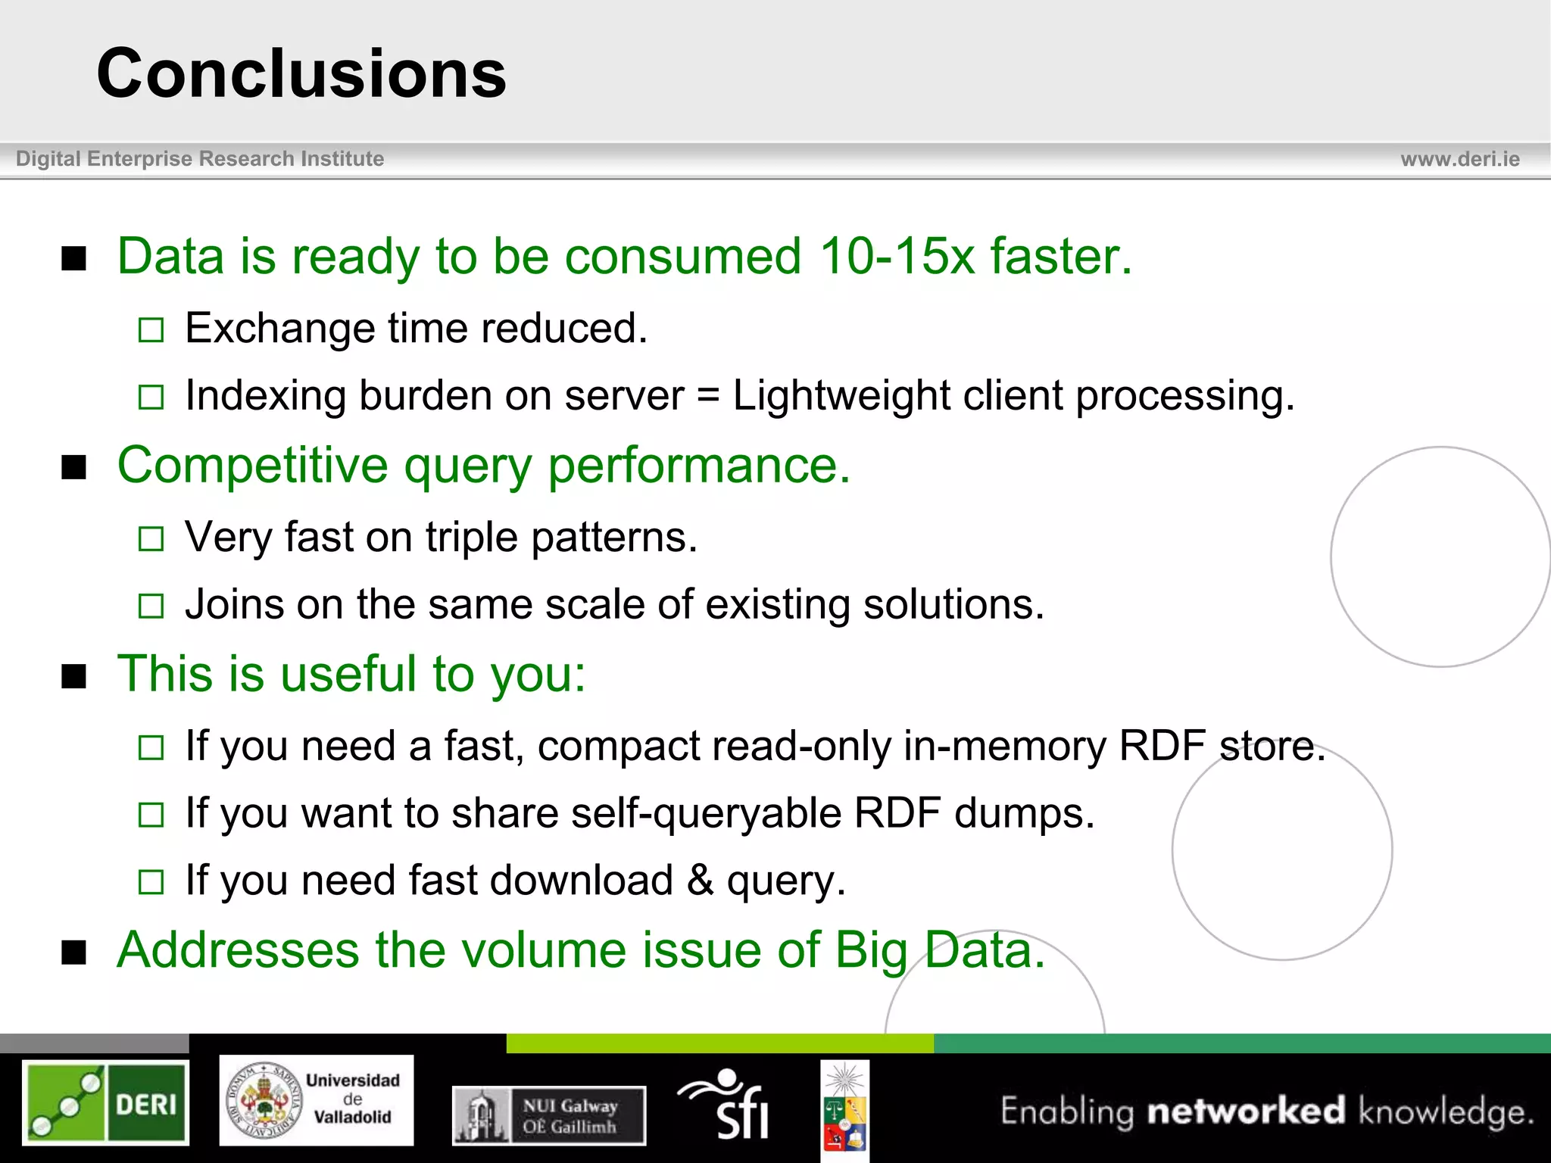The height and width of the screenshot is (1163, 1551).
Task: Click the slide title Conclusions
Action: tap(301, 73)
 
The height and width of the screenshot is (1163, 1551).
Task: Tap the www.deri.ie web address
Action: tap(1459, 159)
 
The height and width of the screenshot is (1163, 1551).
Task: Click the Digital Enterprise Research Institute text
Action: tap(200, 159)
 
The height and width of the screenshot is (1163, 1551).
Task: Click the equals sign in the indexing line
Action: tap(707, 396)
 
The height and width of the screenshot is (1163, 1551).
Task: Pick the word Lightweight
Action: tap(841, 396)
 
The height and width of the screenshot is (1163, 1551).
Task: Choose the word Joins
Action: tap(234, 605)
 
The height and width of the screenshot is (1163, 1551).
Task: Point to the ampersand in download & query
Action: tap(700, 881)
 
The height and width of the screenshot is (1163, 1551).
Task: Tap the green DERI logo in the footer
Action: tap(105, 1102)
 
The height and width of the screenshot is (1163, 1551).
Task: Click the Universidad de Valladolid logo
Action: tap(317, 1100)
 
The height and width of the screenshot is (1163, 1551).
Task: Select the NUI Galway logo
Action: tap(549, 1115)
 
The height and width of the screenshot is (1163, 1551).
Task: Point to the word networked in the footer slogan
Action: tap(1246, 1112)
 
